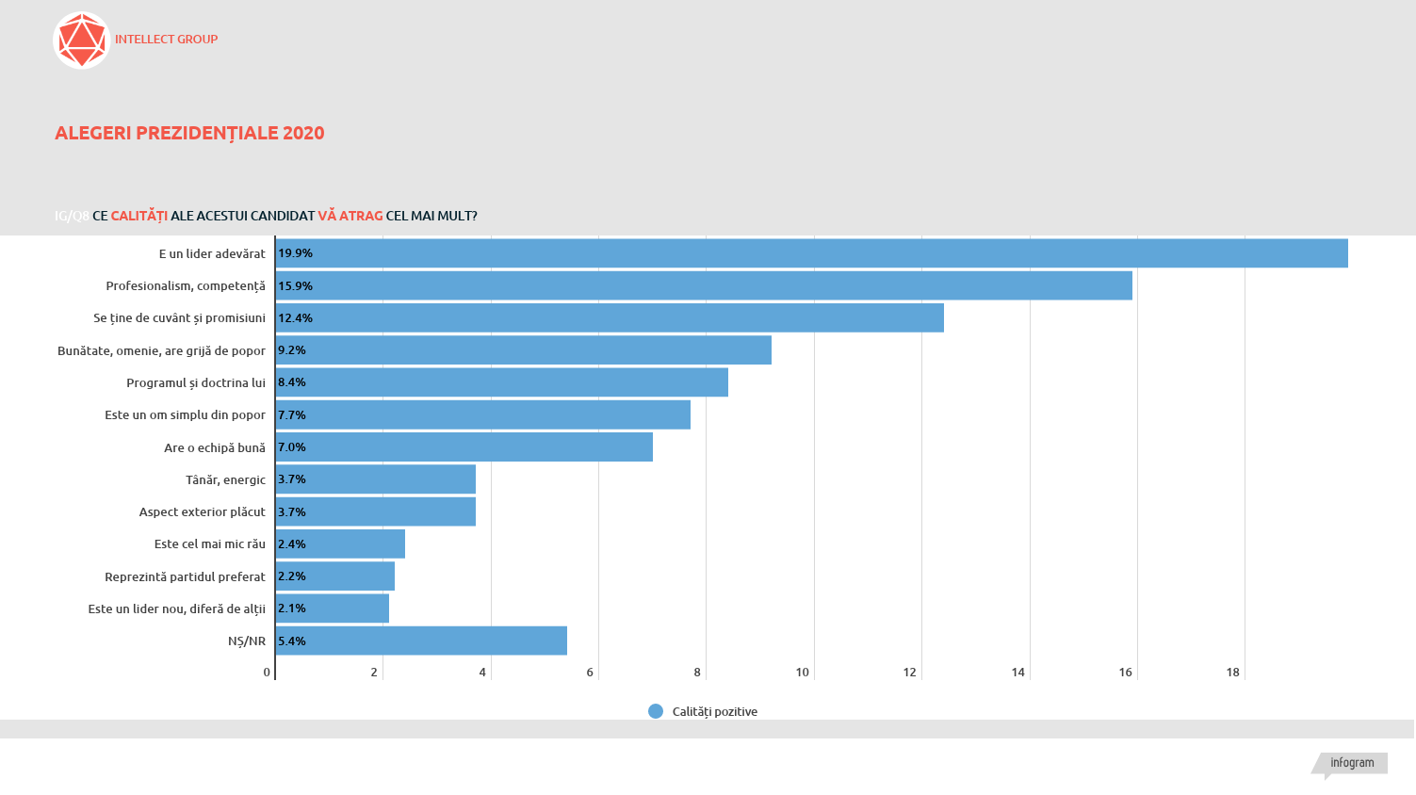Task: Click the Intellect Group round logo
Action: tap(82, 41)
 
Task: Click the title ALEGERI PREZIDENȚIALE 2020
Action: tap(189, 133)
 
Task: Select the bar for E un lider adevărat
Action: tap(811, 253)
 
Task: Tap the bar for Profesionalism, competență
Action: tap(704, 285)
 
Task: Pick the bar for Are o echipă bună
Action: tap(464, 447)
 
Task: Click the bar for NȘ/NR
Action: tap(421, 641)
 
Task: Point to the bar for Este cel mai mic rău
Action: tap(340, 544)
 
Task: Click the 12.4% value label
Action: tap(295, 318)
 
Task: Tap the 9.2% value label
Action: tap(292, 350)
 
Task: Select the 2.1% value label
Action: tap(292, 608)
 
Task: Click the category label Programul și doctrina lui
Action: tap(196, 382)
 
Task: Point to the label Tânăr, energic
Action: tap(225, 479)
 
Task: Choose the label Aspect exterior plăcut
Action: tap(203, 511)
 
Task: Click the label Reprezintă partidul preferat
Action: tap(185, 576)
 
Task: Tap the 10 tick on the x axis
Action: tap(802, 673)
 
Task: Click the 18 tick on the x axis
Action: tap(1232, 673)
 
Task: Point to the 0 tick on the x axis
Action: tap(267, 673)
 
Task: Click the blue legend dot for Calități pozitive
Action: tap(656, 711)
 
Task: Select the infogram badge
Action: tap(1352, 763)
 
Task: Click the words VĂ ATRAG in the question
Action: tap(350, 216)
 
